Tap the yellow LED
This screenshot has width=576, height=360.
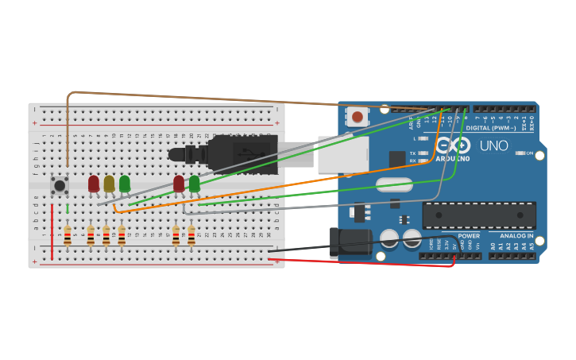click(x=109, y=184)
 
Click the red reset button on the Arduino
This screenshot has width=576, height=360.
click(x=358, y=117)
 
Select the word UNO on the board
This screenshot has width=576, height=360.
click(x=493, y=145)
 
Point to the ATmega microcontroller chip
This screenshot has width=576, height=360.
click(x=479, y=215)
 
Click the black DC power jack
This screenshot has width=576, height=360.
click(x=350, y=242)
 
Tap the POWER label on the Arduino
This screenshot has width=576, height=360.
click(x=469, y=236)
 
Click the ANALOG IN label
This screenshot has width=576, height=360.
click(x=516, y=236)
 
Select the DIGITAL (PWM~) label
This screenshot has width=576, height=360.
click(x=490, y=127)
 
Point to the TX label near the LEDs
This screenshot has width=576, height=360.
click(x=413, y=153)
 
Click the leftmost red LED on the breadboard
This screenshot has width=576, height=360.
click(x=94, y=184)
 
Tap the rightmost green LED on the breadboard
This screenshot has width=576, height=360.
click(x=195, y=184)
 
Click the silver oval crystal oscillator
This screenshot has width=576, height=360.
click(x=389, y=185)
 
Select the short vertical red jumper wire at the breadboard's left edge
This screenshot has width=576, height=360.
click(x=52, y=231)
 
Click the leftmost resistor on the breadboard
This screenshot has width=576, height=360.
click(x=68, y=235)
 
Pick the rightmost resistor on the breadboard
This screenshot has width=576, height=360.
click(x=191, y=235)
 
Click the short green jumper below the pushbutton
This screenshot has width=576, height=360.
click(x=68, y=208)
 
